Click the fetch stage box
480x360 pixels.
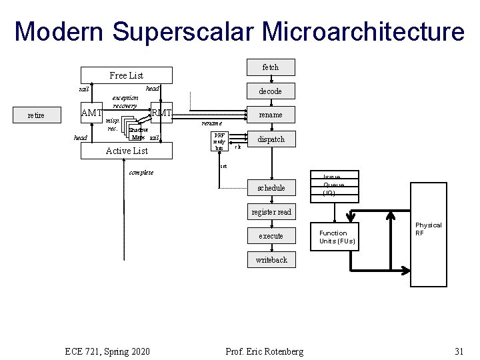coord(271,67)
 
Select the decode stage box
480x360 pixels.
coord(271,91)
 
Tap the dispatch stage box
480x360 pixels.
coord(271,139)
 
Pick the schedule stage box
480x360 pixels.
coord(271,188)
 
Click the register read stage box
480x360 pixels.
coord(271,212)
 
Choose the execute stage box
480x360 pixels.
coord(271,236)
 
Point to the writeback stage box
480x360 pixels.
coord(271,260)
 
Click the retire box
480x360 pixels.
coord(36,115)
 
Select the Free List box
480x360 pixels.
coord(127,75)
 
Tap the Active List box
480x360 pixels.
coord(127,151)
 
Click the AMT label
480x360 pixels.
coord(91,113)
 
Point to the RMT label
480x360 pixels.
coord(162,113)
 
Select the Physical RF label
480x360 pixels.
coord(428,229)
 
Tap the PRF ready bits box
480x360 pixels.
coord(219,141)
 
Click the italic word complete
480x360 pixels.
coord(141,173)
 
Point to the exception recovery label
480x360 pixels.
coord(125,101)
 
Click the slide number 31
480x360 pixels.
coord(458,351)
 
